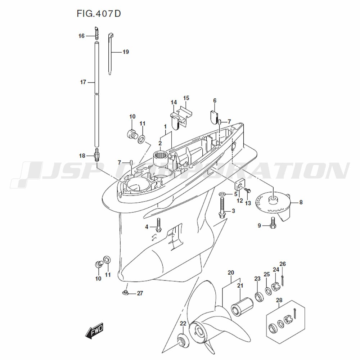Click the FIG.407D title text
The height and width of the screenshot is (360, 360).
(x=98, y=14)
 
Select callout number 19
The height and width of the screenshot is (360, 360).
(x=125, y=52)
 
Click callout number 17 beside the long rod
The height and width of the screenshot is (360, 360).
(x=83, y=82)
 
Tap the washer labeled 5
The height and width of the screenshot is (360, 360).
(x=222, y=194)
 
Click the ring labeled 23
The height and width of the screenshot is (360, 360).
(x=258, y=297)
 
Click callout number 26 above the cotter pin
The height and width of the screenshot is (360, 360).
(x=283, y=264)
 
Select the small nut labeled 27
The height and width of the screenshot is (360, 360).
(x=126, y=292)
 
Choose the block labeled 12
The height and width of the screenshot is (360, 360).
(x=240, y=186)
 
